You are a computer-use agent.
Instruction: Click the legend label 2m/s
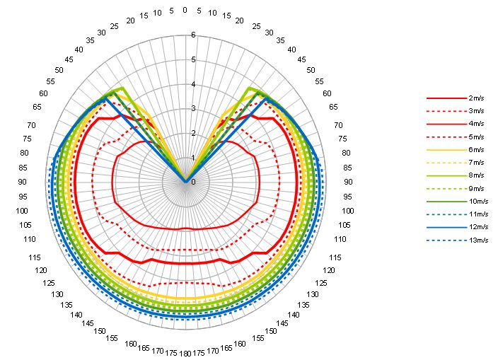(x=476, y=97)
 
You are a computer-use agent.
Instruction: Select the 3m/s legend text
(x=476, y=110)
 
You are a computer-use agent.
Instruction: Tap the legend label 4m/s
(x=476, y=123)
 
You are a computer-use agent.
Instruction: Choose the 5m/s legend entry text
(x=476, y=137)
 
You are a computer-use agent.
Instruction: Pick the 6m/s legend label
(x=476, y=149)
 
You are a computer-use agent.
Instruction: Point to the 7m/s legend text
(x=476, y=163)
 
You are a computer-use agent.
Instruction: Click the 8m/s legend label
(x=476, y=175)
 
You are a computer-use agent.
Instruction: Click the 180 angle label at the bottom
(x=185, y=352)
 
